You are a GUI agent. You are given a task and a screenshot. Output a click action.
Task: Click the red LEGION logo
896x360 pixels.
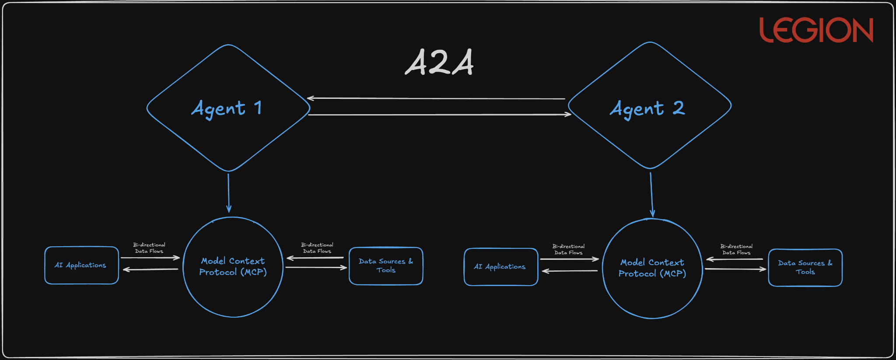click(x=816, y=30)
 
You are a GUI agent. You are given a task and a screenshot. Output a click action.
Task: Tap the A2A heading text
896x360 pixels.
click(x=439, y=63)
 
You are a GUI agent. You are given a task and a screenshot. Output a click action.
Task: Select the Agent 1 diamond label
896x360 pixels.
click(x=227, y=108)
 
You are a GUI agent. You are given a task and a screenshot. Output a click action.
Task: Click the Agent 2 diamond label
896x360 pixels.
click(x=647, y=108)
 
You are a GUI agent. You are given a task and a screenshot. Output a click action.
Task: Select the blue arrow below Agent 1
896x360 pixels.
click(x=228, y=192)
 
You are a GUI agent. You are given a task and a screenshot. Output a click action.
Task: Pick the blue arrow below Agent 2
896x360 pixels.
click(x=651, y=194)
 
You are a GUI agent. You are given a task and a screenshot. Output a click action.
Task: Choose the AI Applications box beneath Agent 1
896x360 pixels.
click(x=81, y=265)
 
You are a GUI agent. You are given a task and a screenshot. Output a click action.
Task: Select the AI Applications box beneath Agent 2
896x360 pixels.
click(x=500, y=267)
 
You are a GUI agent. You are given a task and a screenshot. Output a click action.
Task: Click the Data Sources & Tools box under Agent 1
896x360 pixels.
click(x=386, y=266)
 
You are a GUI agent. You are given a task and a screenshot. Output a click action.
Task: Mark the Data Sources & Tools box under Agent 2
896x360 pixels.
click(x=805, y=268)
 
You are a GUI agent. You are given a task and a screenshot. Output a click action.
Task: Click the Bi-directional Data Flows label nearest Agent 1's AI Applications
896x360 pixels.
click(x=149, y=248)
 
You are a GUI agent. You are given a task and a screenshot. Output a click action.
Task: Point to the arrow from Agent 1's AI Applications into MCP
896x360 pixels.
click(x=150, y=258)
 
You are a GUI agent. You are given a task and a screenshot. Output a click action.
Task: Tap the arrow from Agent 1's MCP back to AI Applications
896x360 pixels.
click(x=150, y=269)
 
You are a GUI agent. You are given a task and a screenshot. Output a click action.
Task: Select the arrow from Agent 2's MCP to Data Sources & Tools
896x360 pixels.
click(x=735, y=269)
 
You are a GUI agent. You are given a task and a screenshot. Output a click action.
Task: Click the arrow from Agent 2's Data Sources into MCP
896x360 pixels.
click(x=735, y=259)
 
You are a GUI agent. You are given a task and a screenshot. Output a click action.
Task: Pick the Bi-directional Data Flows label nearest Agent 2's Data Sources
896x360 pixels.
click(x=736, y=249)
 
